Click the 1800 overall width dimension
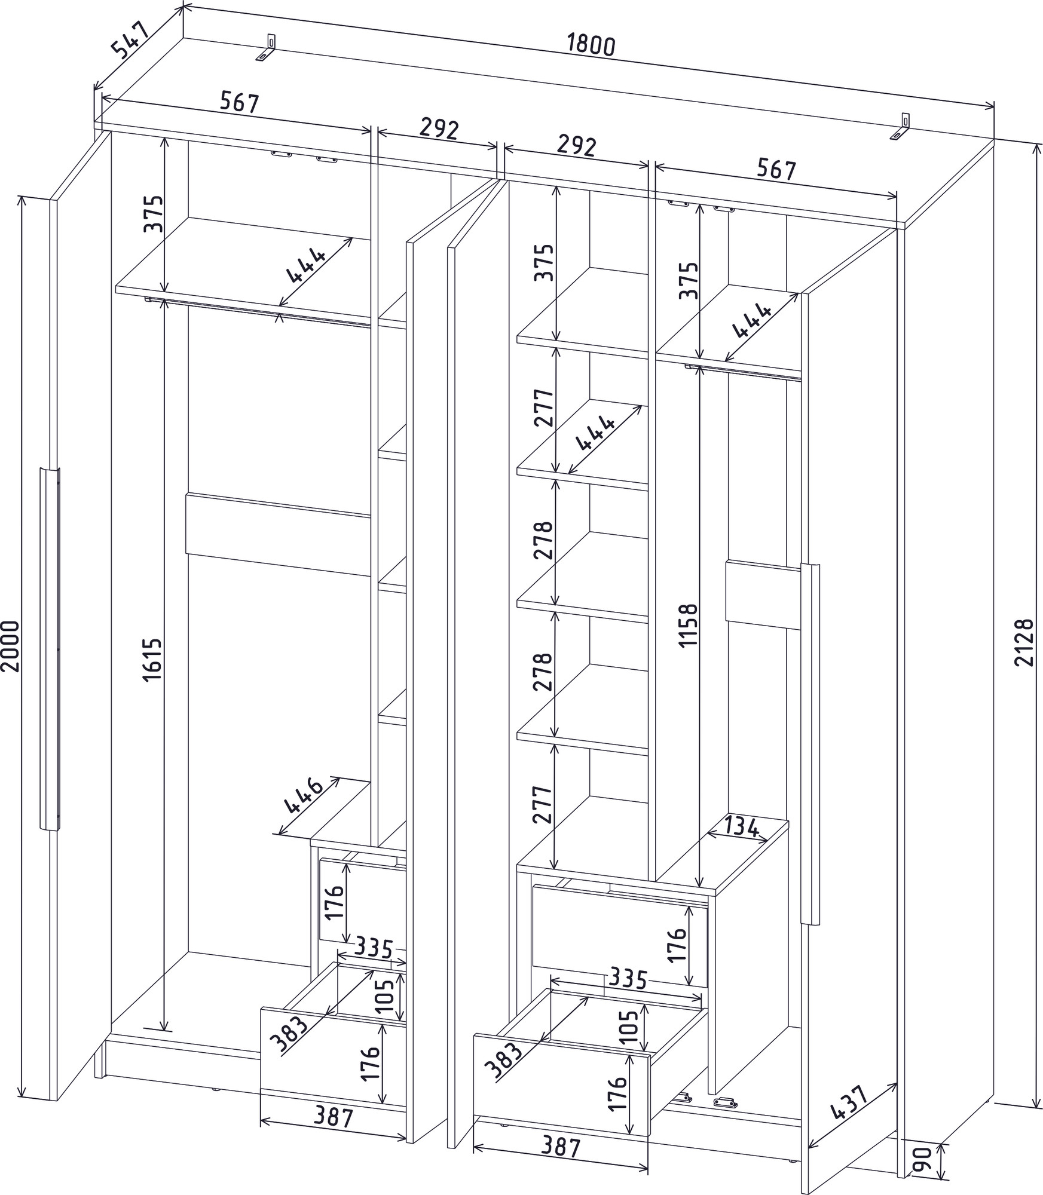click(591, 45)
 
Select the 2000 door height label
click(10, 646)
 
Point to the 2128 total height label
click(1024, 642)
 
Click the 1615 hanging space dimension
click(153, 659)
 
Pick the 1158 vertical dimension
click(689, 625)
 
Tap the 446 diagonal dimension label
click(304, 796)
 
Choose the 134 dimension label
click(742, 827)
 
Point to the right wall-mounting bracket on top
click(901, 127)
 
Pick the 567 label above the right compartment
click(776, 170)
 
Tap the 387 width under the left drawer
click(333, 1117)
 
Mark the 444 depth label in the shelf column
click(595, 433)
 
